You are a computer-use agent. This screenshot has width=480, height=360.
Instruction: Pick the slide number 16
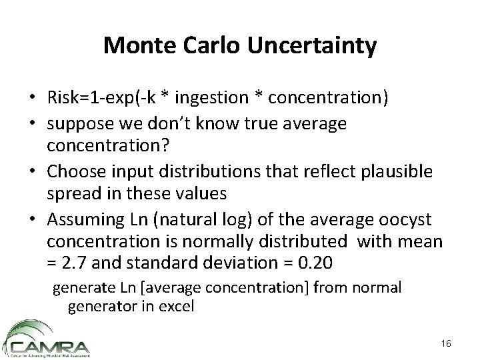click(x=445, y=342)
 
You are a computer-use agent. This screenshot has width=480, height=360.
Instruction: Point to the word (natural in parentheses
click(x=163, y=219)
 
